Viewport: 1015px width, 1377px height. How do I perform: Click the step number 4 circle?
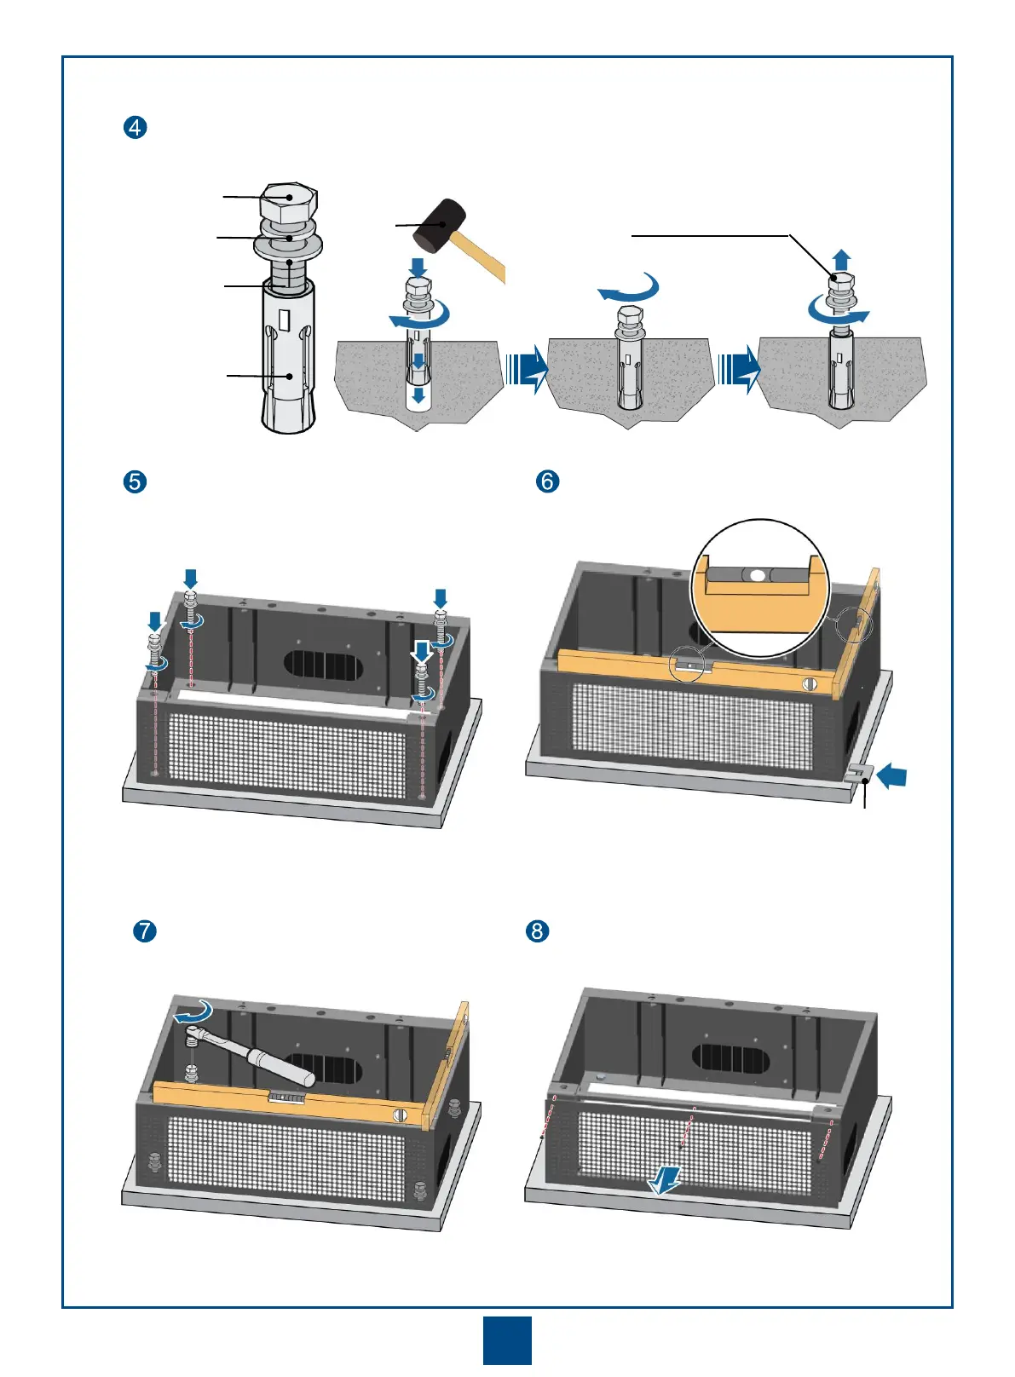[x=136, y=128]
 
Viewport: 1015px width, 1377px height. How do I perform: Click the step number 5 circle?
[x=135, y=481]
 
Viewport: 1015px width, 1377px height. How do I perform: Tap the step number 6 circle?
[x=547, y=481]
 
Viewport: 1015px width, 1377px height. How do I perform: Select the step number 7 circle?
[x=145, y=930]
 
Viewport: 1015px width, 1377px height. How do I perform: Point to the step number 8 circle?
[x=537, y=930]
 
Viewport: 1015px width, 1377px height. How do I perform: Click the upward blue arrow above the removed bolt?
[x=841, y=259]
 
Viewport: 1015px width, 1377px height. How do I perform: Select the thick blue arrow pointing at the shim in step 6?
[x=891, y=776]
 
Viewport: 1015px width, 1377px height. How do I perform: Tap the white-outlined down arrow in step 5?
[x=421, y=654]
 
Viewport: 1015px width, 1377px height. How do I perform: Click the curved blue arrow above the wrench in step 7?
[x=193, y=1013]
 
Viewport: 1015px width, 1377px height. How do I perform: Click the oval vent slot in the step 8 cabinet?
[x=731, y=1058]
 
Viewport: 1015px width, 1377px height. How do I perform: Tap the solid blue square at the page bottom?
[x=507, y=1340]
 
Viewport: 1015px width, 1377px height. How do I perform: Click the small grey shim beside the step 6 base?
[x=858, y=773]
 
